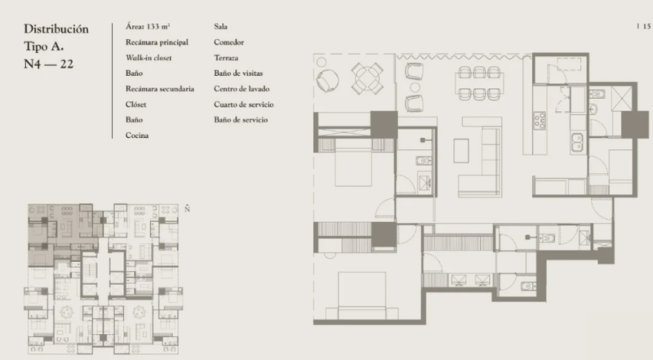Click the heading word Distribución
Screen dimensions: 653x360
pyautogui.click(x=56, y=29)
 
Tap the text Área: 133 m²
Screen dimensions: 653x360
pyautogui.click(x=148, y=26)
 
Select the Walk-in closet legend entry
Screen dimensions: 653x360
pyautogui.click(x=149, y=57)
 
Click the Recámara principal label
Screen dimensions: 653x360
pyautogui.click(x=157, y=42)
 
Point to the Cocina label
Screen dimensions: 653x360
pyautogui.click(x=137, y=135)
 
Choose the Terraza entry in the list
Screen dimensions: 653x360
pyautogui.click(x=226, y=57)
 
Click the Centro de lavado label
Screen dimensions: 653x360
pyautogui.click(x=242, y=88)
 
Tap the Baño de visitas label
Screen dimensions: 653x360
pyautogui.click(x=238, y=73)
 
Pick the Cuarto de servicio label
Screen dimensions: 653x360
pyautogui.click(x=243, y=104)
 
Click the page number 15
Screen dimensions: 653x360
pyautogui.click(x=646, y=26)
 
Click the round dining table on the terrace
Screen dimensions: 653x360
pyautogui.click(x=367, y=78)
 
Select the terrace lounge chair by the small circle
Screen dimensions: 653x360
pyautogui.click(x=327, y=80)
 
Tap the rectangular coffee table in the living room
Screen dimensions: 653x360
pyautogui.click(x=461, y=150)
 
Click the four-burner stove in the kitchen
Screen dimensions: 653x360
pyautogui.click(x=540, y=121)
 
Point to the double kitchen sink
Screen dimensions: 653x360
pyautogui.click(x=577, y=142)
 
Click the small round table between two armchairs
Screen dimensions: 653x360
pyautogui.click(x=415, y=87)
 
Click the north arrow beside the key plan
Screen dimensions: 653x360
pyautogui.click(x=187, y=208)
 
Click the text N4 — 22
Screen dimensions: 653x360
pyautogui.click(x=49, y=64)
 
